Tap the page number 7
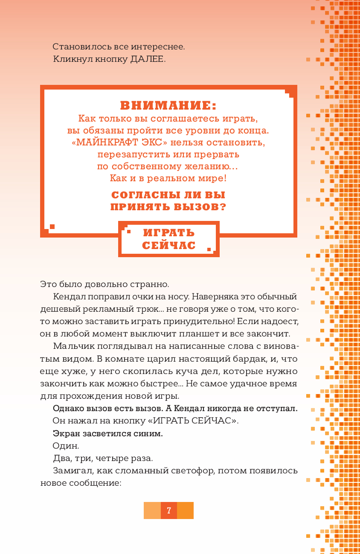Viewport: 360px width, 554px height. click(169, 510)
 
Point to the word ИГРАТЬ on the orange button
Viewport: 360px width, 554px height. click(169, 233)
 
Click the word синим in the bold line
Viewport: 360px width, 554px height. click(148, 433)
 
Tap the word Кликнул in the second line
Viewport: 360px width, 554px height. click(70, 59)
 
